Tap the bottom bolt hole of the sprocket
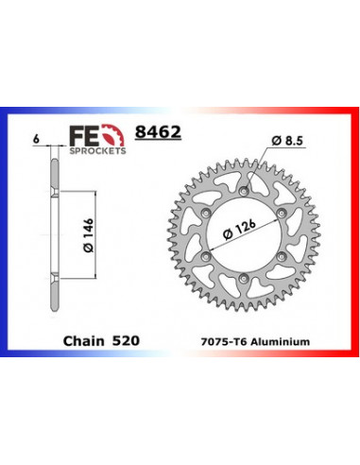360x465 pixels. click(244, 280)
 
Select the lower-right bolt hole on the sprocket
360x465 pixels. click(282, 258)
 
